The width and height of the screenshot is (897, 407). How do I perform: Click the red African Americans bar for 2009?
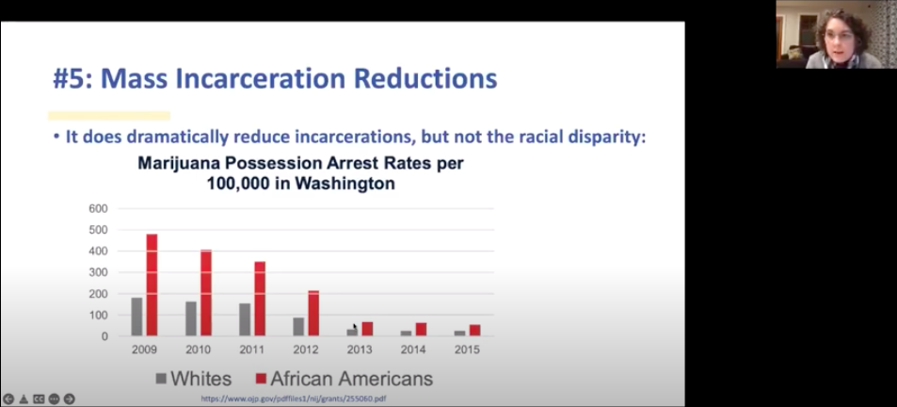[152, 285]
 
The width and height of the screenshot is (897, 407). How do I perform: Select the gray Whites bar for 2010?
[191, 318]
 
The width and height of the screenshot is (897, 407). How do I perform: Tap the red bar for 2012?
[313, 313]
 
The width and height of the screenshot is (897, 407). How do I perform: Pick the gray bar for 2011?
[245, 319]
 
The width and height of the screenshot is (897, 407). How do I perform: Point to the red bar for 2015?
[474, 331]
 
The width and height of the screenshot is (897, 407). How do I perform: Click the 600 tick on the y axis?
[99, 209]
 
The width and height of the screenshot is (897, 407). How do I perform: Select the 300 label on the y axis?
[99, 272]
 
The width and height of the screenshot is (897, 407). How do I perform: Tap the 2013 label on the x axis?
[360, 350]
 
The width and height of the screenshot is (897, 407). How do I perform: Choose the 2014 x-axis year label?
[413, 350]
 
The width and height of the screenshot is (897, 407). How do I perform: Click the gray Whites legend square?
[161, 379]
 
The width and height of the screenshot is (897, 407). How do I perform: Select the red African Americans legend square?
[261, 379]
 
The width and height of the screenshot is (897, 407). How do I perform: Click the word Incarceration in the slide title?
[261, 78]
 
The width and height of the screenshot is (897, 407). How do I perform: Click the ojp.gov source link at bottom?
[294, 399]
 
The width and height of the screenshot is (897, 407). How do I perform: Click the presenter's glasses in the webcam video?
[838, 36]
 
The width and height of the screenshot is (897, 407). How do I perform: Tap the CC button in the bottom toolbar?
[39, 399]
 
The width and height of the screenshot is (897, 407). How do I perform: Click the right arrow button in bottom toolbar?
[70, 399]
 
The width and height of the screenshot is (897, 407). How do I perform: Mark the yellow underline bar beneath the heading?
[109, 116]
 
